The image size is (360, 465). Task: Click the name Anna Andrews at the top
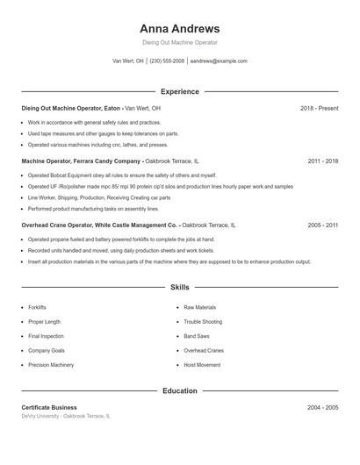[179, 28]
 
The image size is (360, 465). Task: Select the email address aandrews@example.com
[219, 61]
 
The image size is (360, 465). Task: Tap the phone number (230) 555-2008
[167, 61]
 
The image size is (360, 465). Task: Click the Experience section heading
[179, 91]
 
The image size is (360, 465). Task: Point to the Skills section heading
[179, 287]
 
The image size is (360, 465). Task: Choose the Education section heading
[179, 390]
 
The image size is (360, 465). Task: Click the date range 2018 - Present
[319, 108]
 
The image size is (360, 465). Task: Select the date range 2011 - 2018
[322, 161]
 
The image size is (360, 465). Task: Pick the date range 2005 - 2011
[322, 225]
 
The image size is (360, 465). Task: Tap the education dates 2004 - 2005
[322, 407]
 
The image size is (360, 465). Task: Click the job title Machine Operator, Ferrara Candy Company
[81, 161]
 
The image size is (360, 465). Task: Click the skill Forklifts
[37, 308]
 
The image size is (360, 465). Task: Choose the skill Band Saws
[196, 336]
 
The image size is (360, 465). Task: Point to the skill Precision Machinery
[51, 364]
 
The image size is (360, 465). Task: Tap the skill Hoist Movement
[202, 364]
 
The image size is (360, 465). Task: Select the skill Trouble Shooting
[203, 322]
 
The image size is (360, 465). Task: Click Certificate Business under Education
[49, 407]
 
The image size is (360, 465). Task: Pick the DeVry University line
[66, 416]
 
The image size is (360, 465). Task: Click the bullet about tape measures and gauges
[103, 133]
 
